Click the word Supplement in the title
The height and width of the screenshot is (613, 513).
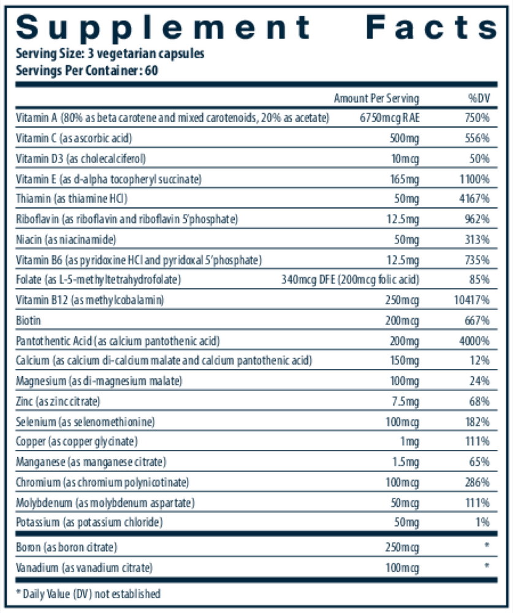click(x=163, y=28)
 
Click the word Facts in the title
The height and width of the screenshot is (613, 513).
click(x=431, y=28)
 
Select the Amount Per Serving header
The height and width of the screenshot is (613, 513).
click(x=376, y=98)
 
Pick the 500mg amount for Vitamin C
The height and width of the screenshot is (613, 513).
click(x=405, y=139)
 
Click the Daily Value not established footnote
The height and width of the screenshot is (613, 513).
click(x=88, y=593)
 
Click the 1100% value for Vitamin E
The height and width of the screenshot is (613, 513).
click(x=474, y=179)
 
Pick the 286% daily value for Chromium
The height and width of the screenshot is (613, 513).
click(x=477, y=482)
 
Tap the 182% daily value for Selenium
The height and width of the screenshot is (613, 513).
click(x=477, y=422)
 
